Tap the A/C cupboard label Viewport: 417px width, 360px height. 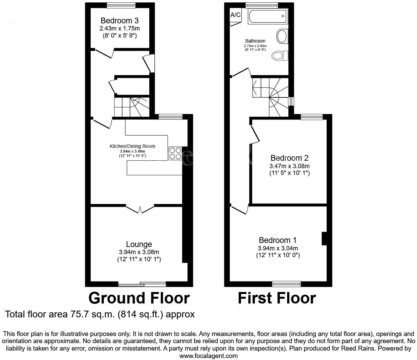236,15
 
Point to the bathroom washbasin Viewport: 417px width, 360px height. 282,36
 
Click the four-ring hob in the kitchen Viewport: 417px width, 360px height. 175,153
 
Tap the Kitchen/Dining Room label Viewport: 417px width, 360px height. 132,146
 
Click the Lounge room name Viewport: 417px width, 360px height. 139,244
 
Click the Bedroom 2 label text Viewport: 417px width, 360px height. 289,158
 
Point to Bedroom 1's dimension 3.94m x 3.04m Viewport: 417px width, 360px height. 278,248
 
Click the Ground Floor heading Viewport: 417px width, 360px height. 139,298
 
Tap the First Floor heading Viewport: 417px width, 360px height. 277,298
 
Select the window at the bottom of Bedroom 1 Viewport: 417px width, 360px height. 286,284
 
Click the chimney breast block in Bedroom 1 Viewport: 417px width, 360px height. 324,238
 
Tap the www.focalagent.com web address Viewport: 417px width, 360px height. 208,356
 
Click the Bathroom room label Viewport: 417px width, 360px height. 255,41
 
